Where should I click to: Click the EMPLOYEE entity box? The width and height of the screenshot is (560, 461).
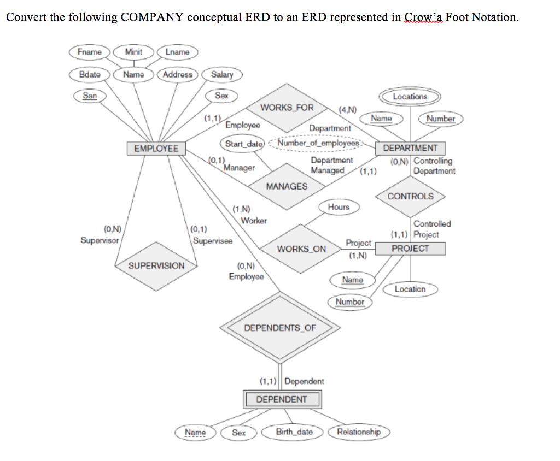tap(156, 148)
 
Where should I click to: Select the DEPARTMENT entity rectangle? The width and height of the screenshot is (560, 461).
tap(410, 148)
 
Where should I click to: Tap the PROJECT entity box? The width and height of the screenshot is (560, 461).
tap(410, 249)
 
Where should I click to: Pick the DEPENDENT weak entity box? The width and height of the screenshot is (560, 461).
tap(282, 399)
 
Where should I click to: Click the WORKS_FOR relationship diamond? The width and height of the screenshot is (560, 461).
tap(287, 108)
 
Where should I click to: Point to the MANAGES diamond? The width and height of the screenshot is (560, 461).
tap(287, 186)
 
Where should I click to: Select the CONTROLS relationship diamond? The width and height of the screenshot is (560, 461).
tap(410, 197)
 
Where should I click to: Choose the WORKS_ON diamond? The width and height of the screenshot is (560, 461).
tap(301, 249)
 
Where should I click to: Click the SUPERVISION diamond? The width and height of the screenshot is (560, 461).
tap(156, 266)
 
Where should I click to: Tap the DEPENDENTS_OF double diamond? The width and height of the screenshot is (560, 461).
tap(279, 328)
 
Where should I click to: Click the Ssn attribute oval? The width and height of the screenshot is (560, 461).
tap(90, 96)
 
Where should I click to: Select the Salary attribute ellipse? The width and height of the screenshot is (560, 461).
tap(221, 75)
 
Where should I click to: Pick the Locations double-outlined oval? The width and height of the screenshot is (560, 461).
tap(410, 97)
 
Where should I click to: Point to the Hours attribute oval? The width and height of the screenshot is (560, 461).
tap(339, 207)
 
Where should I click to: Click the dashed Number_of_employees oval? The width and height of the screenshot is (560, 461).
tap(318, 144)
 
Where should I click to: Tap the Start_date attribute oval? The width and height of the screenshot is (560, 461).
tap(244, 144)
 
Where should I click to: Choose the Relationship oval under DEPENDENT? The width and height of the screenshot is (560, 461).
tap(358, 432)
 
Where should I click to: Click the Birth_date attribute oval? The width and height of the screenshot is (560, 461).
tap(294, 432)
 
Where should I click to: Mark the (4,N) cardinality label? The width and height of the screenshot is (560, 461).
tap(348, 110)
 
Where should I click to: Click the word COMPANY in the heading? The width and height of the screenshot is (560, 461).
tap(153, 17)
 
